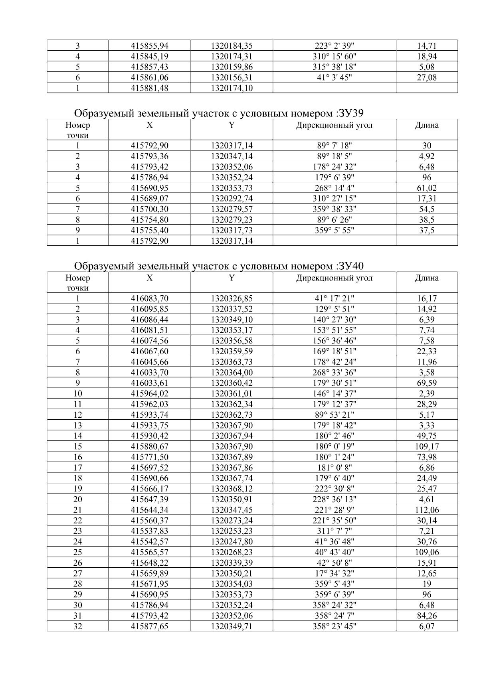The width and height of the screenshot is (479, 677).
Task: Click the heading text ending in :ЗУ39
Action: click(219, 114)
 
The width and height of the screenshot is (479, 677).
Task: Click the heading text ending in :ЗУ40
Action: click(219, 266)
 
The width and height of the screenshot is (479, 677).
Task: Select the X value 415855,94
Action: click(149, 46)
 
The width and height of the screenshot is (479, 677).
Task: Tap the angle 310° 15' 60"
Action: click(334, 56)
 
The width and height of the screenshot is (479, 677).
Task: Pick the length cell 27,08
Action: click(427, 77)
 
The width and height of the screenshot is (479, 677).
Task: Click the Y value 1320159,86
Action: click(232, 67)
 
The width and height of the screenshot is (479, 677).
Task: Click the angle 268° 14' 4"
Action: click(334, 188)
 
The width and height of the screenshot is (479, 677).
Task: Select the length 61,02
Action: click(427, 188)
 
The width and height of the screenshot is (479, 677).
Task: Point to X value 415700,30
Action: click(149, 209)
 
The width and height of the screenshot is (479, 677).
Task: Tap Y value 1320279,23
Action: click(232, 219)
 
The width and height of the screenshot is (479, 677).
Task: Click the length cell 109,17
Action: click(427, 446)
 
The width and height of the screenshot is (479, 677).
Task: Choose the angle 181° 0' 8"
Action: click(334, 468)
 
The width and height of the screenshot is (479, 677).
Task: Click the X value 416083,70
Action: click(149, 298)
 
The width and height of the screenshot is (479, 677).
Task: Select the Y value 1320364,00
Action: click(232, 373)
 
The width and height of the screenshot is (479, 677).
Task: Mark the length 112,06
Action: click(427, 510)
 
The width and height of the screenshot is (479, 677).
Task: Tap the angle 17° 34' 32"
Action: click(334, 573)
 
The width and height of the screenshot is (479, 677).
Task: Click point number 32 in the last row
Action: click(77, 626)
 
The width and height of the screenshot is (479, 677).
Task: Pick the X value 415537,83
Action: click(149, 531)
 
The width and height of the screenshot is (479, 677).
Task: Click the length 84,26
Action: click(427, 616)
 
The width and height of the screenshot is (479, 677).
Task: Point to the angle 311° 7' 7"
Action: click(334, 531)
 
